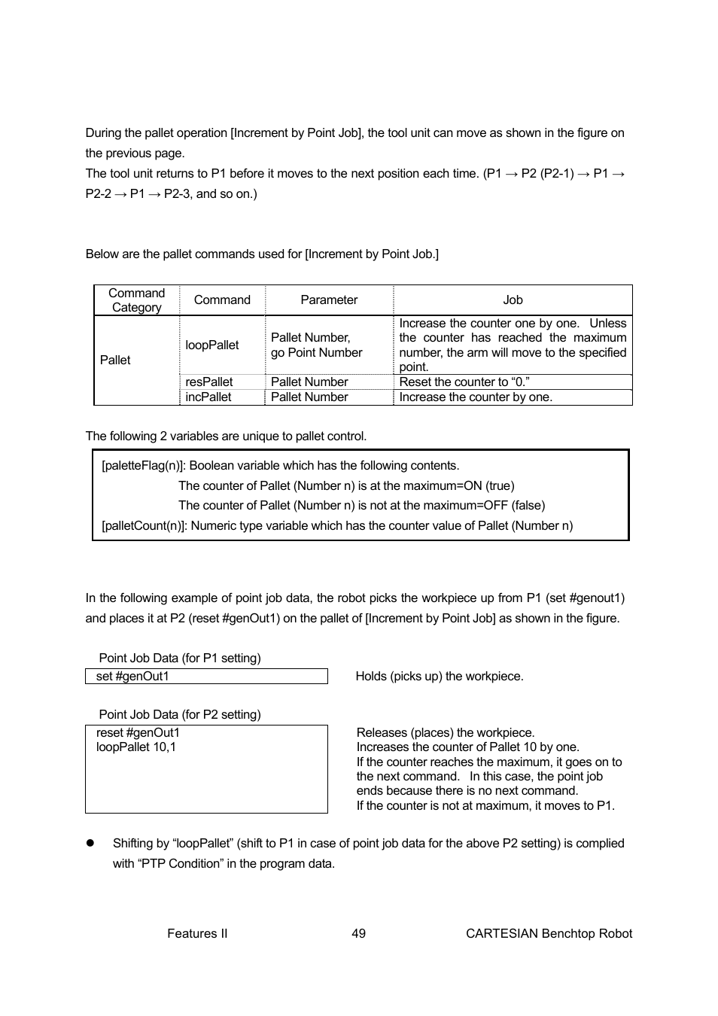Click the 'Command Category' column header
136,300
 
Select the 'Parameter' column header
329,300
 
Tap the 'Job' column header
513,300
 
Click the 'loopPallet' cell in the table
212,345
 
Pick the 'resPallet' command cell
209,382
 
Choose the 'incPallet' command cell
208,397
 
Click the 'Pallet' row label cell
115,360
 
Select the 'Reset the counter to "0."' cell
464,382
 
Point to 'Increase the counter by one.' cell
475,397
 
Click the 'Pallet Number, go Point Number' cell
316,345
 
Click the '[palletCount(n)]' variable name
144,526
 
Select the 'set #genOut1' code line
132,677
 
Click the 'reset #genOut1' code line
138,733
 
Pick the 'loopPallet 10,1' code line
135,747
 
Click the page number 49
358,934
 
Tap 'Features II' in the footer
197,934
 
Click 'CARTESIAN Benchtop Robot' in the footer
549,934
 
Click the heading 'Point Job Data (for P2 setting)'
180,715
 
